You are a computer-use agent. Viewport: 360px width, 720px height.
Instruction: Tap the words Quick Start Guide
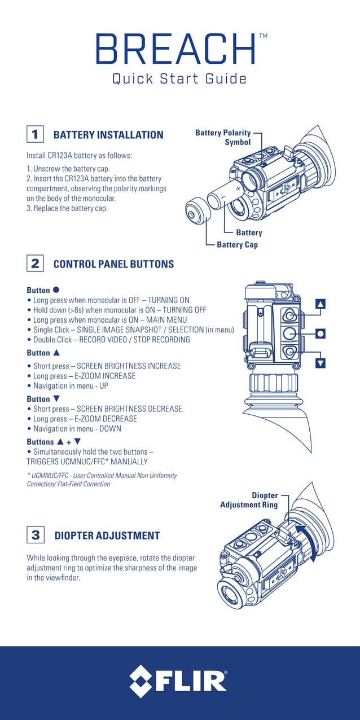coord(179,78)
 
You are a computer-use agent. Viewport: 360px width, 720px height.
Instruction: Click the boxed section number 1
coord(35,135)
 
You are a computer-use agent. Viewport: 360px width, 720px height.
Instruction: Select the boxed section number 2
coord(35,264)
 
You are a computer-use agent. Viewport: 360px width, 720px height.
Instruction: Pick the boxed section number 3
coord(35,535)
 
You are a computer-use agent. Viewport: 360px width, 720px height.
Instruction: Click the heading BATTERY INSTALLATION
coord(108,135)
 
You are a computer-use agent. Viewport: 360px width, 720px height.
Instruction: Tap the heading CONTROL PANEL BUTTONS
coord(113,264)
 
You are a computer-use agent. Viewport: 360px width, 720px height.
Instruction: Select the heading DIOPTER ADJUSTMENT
coord(107,535)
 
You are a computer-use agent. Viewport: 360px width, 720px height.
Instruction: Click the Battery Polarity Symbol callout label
coord(223,137)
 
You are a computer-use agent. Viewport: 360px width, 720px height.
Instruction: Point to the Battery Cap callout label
coord(237,245)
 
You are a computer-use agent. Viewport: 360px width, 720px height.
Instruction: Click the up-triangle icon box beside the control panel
coord(321,305)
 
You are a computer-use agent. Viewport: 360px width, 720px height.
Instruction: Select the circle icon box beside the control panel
coord(321,333)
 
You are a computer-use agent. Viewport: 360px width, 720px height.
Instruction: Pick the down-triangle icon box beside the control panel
coord(321,363)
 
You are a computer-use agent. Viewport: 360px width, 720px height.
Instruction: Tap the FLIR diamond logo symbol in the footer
coord(141,681)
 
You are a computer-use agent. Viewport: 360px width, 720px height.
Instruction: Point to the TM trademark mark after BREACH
coord(263,36)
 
